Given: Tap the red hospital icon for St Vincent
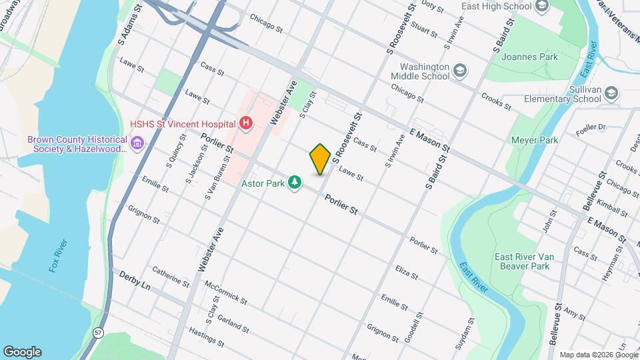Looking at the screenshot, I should tap(247, 123).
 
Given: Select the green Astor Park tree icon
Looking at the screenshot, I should tap(294, 182).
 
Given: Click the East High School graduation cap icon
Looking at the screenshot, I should tap(541, 7).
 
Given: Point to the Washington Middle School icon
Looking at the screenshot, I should tap(459, 70).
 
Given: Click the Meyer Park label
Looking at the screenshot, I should tap(533, 141).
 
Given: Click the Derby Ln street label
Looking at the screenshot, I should tap(136, 279).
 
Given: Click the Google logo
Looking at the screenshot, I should tap(22, 351).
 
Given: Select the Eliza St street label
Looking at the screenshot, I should tap(406, 275).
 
